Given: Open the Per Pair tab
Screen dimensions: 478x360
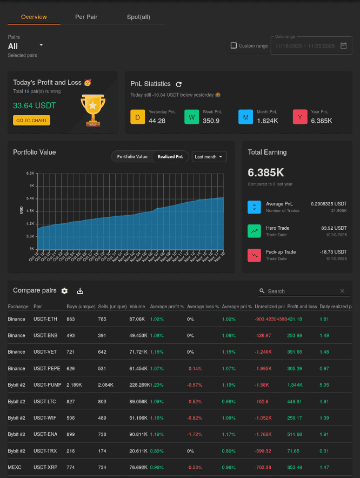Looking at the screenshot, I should pos(86,17).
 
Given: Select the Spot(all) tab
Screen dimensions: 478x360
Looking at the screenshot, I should pos(138,17).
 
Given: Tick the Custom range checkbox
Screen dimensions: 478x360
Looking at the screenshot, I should pos(234,46).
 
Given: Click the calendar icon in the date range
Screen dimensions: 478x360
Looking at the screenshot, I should pos(343,45).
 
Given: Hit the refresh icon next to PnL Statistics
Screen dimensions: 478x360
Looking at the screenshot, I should pos(179,84).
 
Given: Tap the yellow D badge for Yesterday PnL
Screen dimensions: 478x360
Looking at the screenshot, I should pos(138,117).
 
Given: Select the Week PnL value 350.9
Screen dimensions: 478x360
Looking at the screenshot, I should pos(211,121).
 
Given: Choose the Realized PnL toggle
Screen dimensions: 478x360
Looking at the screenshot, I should pos(170,157).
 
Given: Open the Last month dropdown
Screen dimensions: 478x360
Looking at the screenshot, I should pos(209,157).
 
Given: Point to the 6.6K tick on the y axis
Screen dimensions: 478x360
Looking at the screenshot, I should pos(30,173).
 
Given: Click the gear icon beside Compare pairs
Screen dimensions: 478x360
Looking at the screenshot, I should pos(65,291).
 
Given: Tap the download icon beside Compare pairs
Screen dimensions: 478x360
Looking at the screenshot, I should pos(80,291).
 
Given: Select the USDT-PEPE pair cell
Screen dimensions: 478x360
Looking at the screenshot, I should pos(45,368).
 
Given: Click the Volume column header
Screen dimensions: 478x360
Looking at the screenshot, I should pos(137,307).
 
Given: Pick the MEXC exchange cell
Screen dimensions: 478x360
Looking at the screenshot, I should pos(15,467).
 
